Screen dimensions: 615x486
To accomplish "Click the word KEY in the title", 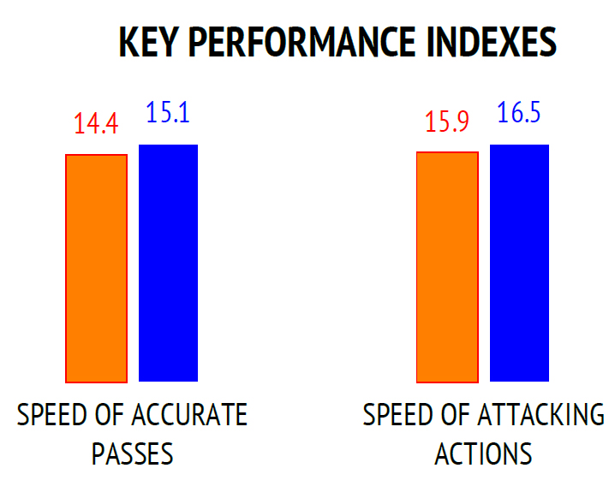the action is pyautogui.click(x=147, y=42).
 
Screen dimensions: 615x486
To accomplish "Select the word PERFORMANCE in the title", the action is pyautogui.click(x=302, y=42).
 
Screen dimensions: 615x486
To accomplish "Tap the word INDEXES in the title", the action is pyautogui.click(x=492, y=42).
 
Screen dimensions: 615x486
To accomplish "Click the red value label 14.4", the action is pyautogui.click(x=96, y=123).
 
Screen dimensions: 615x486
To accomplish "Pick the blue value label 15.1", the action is pyautogui.click(x=168, y=112).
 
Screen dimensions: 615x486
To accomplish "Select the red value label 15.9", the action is pyautogui.click(x=447, y=121).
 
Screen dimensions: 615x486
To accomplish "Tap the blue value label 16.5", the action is pyautogui.click(x=519, y=112).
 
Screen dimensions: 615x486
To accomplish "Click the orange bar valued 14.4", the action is pyautogui.click(x=97, y=269).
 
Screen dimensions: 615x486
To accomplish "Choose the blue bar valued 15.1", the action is pyautogui.click(x=168, y=263).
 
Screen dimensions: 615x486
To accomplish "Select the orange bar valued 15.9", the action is pyautogui.click(x=447, y=267).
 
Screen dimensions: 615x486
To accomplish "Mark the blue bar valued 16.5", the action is pyautogui.click(x=519, y=263).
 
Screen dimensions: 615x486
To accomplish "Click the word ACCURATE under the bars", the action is pyautogui.click(x=189, y=415).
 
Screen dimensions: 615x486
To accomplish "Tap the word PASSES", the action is pyautogui.click(x=132, y=453).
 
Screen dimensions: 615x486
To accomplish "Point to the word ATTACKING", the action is pyautogui.click(x=541, y=415).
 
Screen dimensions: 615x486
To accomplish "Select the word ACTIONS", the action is pyautogui.click(x=483, y=453).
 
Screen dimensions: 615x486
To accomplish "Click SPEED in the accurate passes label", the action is pyautogui.click(x=51, y=415).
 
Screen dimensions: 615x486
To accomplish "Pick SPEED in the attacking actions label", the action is pyautogui.click(x=397, y=415).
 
